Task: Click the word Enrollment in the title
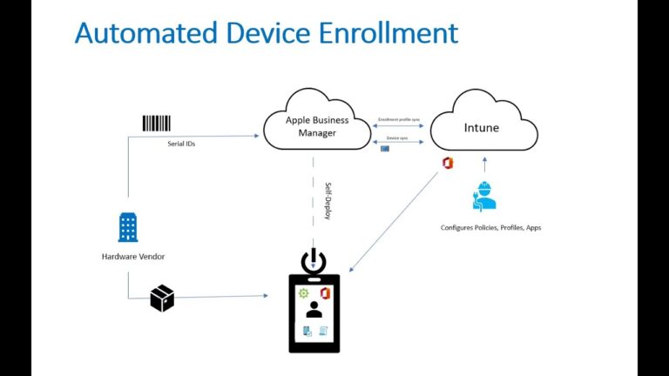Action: point(385,33)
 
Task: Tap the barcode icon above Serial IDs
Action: point(157,123)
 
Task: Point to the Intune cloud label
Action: point(482,128)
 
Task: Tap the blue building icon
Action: point(128,227)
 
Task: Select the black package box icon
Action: point(162,298)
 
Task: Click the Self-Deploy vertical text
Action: point(328,201)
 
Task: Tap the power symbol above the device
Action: point(314,260)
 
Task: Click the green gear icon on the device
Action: point(303,293)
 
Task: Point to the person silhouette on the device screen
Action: point(314,309)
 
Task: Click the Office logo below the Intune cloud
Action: point(448,163)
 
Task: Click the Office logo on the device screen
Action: point(324,292)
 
